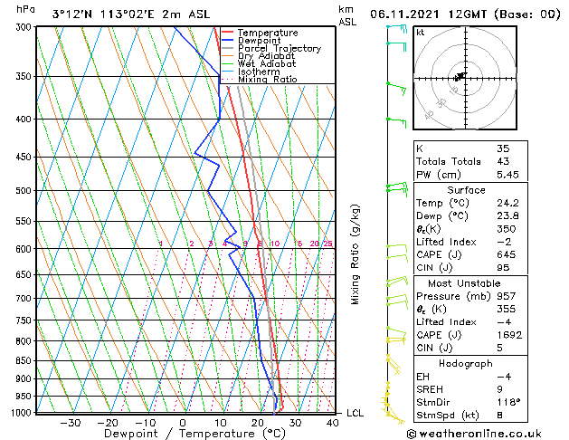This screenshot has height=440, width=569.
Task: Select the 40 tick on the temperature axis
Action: pos(333,422)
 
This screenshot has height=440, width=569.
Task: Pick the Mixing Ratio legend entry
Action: pos(267,80)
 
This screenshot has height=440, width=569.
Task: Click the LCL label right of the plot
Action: pos(356,413)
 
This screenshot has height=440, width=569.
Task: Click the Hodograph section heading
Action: pos(466,363)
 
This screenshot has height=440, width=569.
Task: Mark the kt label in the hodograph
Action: pos(420,33)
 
